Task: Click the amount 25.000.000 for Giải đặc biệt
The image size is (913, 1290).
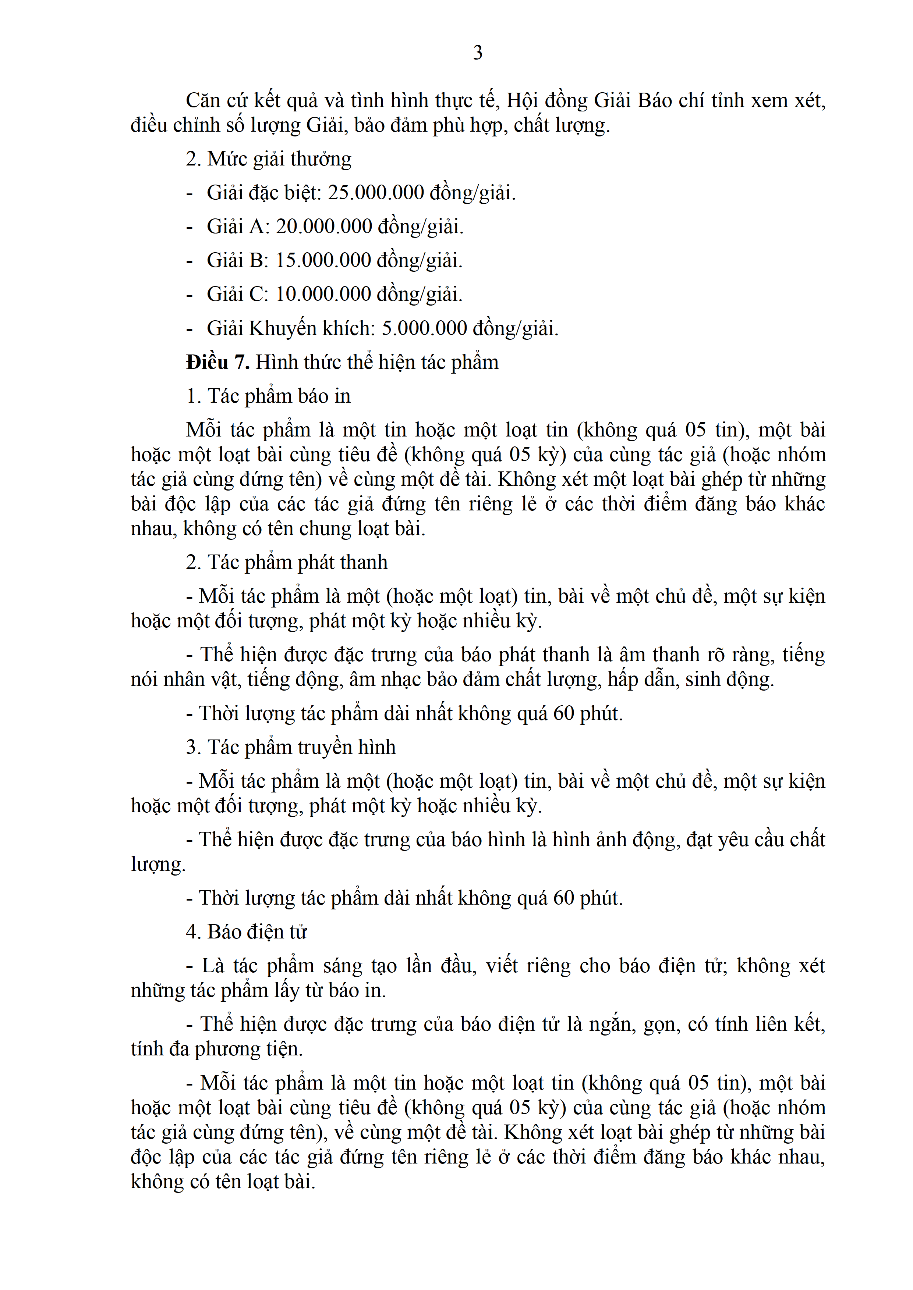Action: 376,193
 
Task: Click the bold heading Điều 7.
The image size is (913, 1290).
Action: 217,362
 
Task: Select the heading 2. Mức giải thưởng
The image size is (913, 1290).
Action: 269,159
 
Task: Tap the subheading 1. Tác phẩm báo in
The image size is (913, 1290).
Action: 268,396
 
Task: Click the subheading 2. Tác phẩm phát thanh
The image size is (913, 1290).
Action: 287,562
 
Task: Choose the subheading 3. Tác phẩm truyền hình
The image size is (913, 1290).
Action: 291,747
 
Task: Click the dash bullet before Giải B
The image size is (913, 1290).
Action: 190,261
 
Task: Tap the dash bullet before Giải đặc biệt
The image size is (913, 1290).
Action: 190,194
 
